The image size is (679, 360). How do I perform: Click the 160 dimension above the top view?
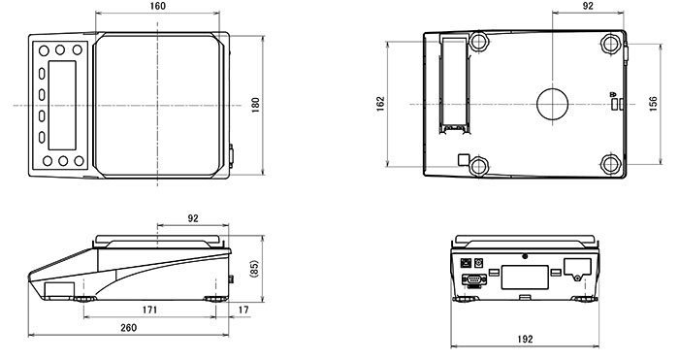click(157, 6)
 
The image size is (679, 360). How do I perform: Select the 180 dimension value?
click(255, 105)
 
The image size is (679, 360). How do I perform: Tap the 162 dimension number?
click(380, 104)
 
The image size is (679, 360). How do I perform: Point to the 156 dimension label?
click(653, 104)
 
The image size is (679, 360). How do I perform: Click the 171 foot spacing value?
click(149, 310)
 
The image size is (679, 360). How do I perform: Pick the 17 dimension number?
click(243, 310)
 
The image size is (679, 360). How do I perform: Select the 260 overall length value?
click(128, 328)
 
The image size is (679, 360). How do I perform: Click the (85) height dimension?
click(254, 269)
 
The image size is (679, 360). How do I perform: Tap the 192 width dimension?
click(525, 339)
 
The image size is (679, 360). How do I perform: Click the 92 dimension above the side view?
click(193, 218)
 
